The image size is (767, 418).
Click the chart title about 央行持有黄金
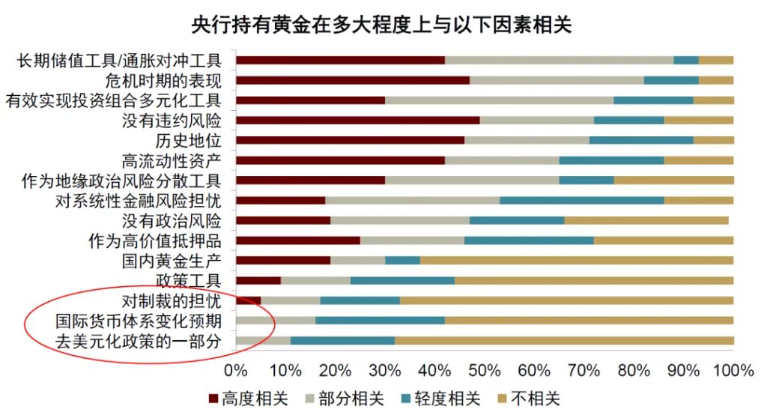click(x=382, y=25)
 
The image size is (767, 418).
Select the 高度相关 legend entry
click(x=252, y=399)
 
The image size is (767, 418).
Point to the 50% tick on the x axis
click(x=485, y=370)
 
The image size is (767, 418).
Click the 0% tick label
click(x=236, y=370)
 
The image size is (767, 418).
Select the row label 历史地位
click(x=189, y=140)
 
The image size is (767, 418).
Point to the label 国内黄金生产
click(x=172, y=261)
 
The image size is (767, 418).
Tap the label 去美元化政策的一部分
click(x=139, y=341)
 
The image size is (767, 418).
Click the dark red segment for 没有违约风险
click(x=357, y=120)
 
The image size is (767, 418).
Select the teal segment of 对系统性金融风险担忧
click(x=581, y=200)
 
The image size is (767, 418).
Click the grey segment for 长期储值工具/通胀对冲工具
click(x=559, y=60)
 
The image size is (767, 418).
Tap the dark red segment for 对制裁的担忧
click(x=248, y=300)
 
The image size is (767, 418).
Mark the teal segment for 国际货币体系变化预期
click(x=380, y=321)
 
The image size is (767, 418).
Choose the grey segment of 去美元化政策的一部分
click(x=263, y=341)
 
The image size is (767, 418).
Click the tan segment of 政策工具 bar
click(x=594, y=280)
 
